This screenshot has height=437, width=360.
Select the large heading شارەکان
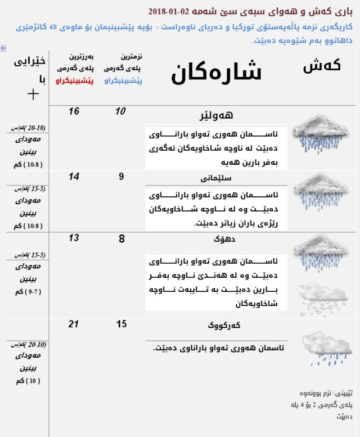click(x=217, y=74)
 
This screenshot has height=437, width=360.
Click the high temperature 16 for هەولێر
click(x=74, y=111)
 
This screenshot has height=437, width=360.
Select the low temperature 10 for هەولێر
click(x=120, y=111)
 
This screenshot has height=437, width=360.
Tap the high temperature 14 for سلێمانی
click(x=74, y=176)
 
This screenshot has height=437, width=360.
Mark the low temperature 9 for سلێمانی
click(x=121, y=176)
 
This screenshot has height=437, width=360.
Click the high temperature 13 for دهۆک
click(x=74, y=238)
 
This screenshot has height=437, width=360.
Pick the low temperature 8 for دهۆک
click(x=121, y=238)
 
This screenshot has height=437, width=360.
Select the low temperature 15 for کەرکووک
click(x=121, y=324)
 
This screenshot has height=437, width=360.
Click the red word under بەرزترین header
click(x=75, y=80)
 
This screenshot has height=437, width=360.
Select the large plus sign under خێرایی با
click(x=33, y=93)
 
